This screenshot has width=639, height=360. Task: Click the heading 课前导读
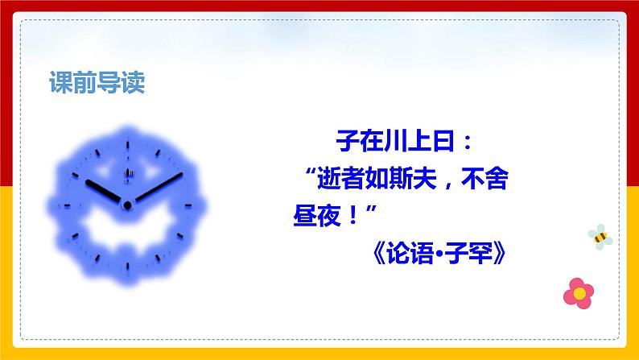point(97,84)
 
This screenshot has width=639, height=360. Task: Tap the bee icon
point(600,236)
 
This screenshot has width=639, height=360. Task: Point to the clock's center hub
point(126,205)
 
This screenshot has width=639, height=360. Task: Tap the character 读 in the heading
point(133,84)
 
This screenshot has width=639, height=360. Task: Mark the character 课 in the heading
point(60,84)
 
